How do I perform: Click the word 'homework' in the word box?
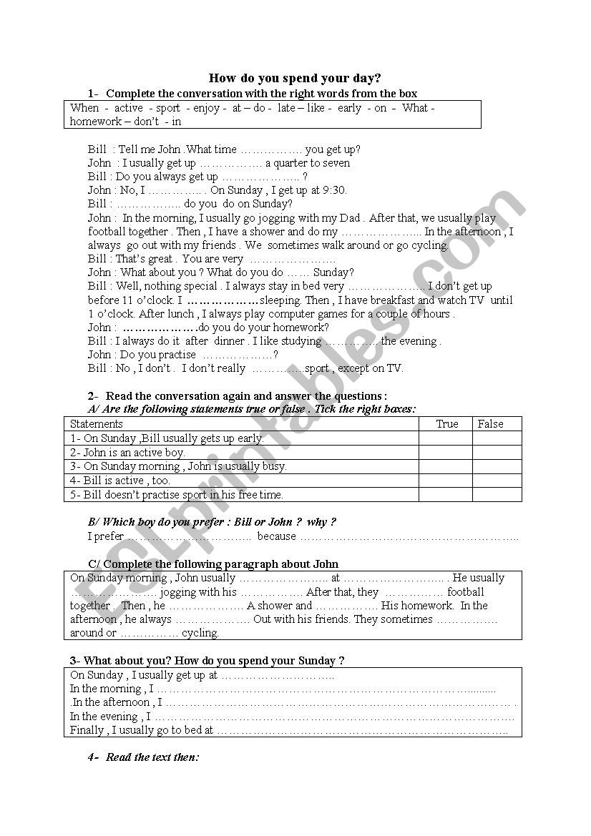pyautogui.click(x=95, y=122)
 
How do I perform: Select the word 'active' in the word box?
pyautogui.click(x=129, y=108)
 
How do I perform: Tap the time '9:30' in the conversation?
pyautogui.click(x=334, y=190)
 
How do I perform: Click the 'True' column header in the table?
pyautogui.click(x=447, y=424)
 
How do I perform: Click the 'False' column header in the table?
pyautogui.click(x=491, y=424)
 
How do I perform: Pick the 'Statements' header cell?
pyautogui.click(x=97, y=424)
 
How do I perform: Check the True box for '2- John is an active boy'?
pyautogui.click(x=445, y=453)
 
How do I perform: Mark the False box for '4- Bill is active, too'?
pyautogui.click(x=497, y=481)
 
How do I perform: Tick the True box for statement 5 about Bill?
pyautogui.click(x=445, y=494)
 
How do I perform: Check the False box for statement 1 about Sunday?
pyautogui.click(x=497, y=438)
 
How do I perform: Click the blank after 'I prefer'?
pyautogui.click(x=189, y=537)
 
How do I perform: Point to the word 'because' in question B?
pyautogui.click(x=276, y=536)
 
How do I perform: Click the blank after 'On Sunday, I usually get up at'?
pyautogui.click(x=278, y=676)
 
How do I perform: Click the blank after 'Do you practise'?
pyautogui.click(x=237, y=355)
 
